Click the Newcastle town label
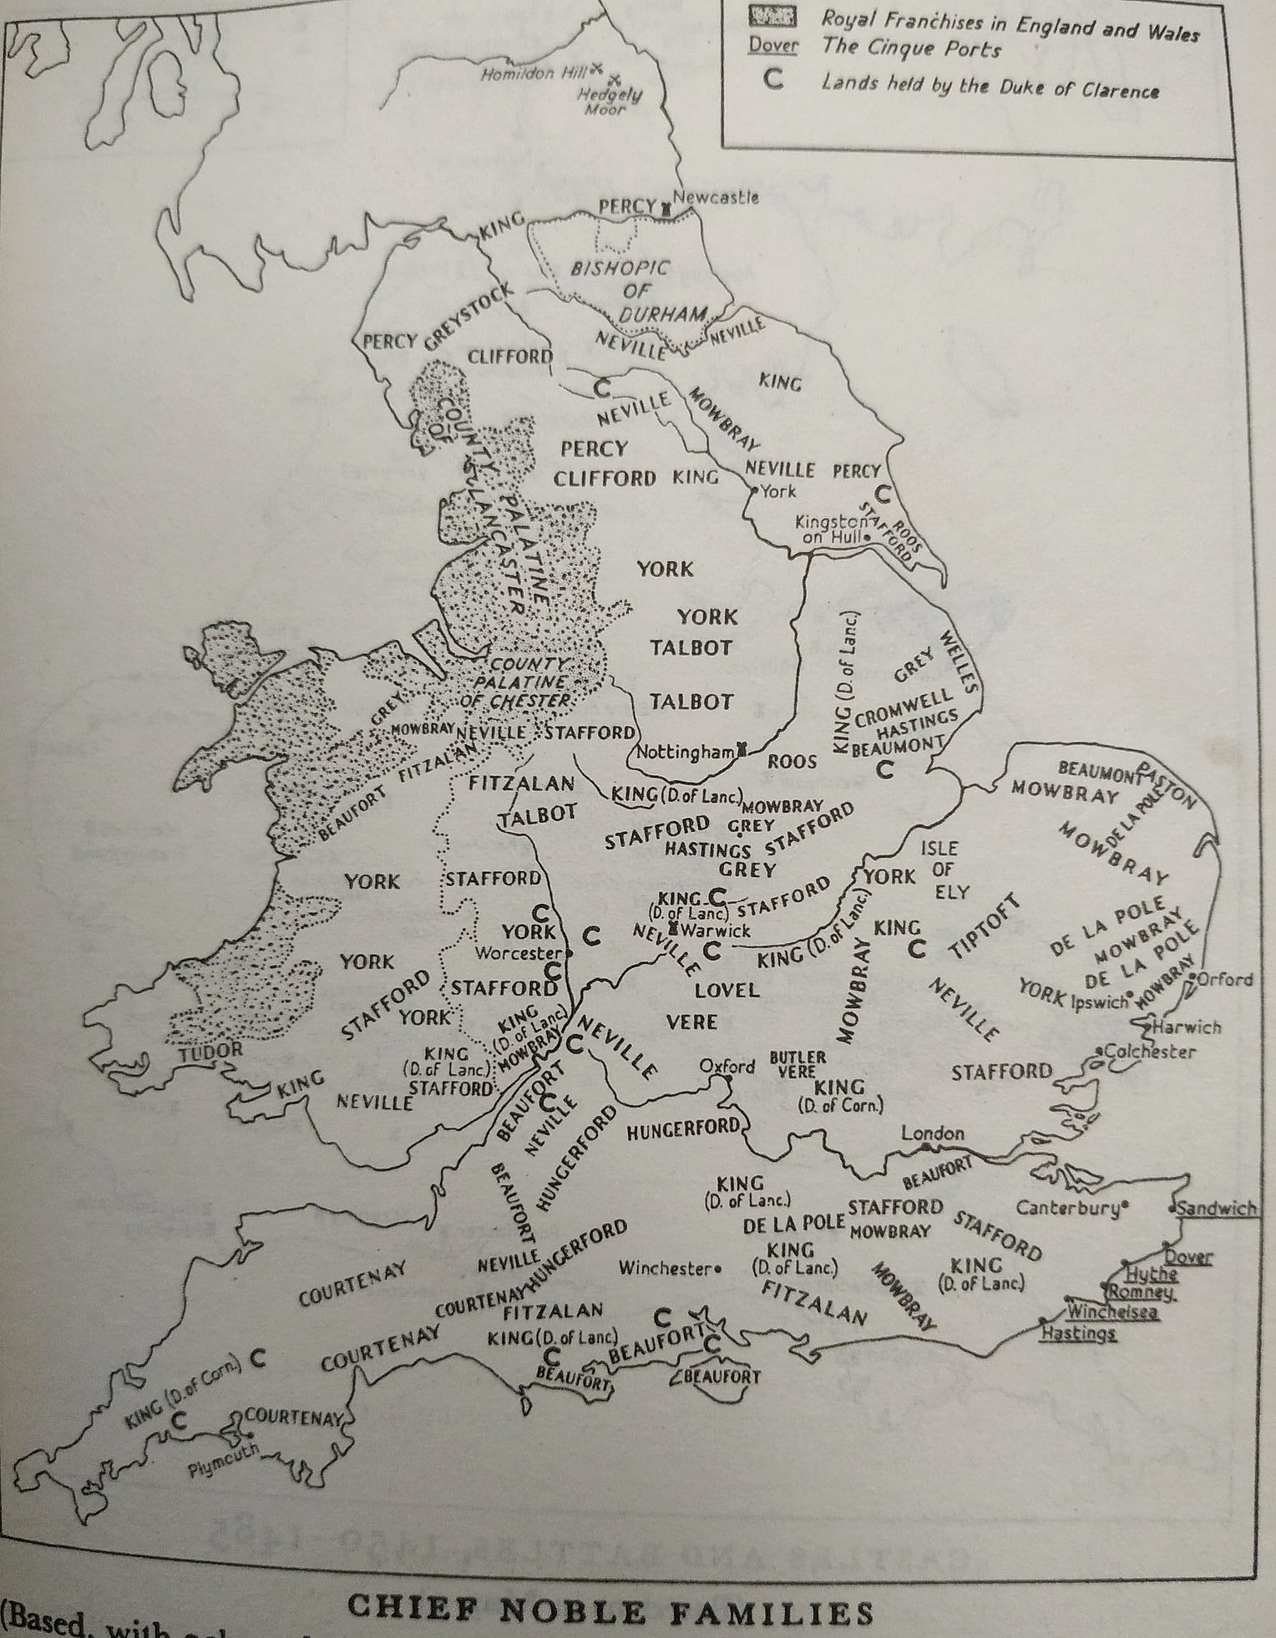716,198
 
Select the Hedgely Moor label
610,101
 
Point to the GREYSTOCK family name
468,318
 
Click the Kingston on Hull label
831,529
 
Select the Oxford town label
727,1066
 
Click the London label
932,1133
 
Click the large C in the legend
773,81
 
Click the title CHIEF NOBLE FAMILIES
610,1611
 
